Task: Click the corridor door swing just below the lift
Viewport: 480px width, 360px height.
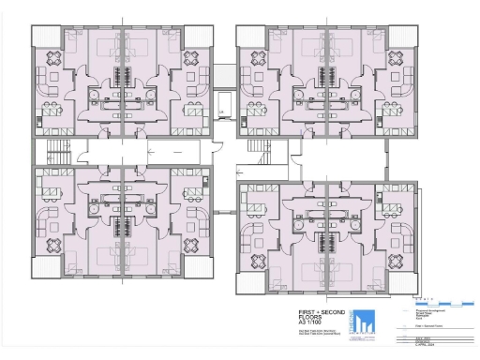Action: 217,142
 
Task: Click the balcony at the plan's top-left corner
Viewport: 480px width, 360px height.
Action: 46,37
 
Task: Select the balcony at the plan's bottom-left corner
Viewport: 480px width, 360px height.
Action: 46,267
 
